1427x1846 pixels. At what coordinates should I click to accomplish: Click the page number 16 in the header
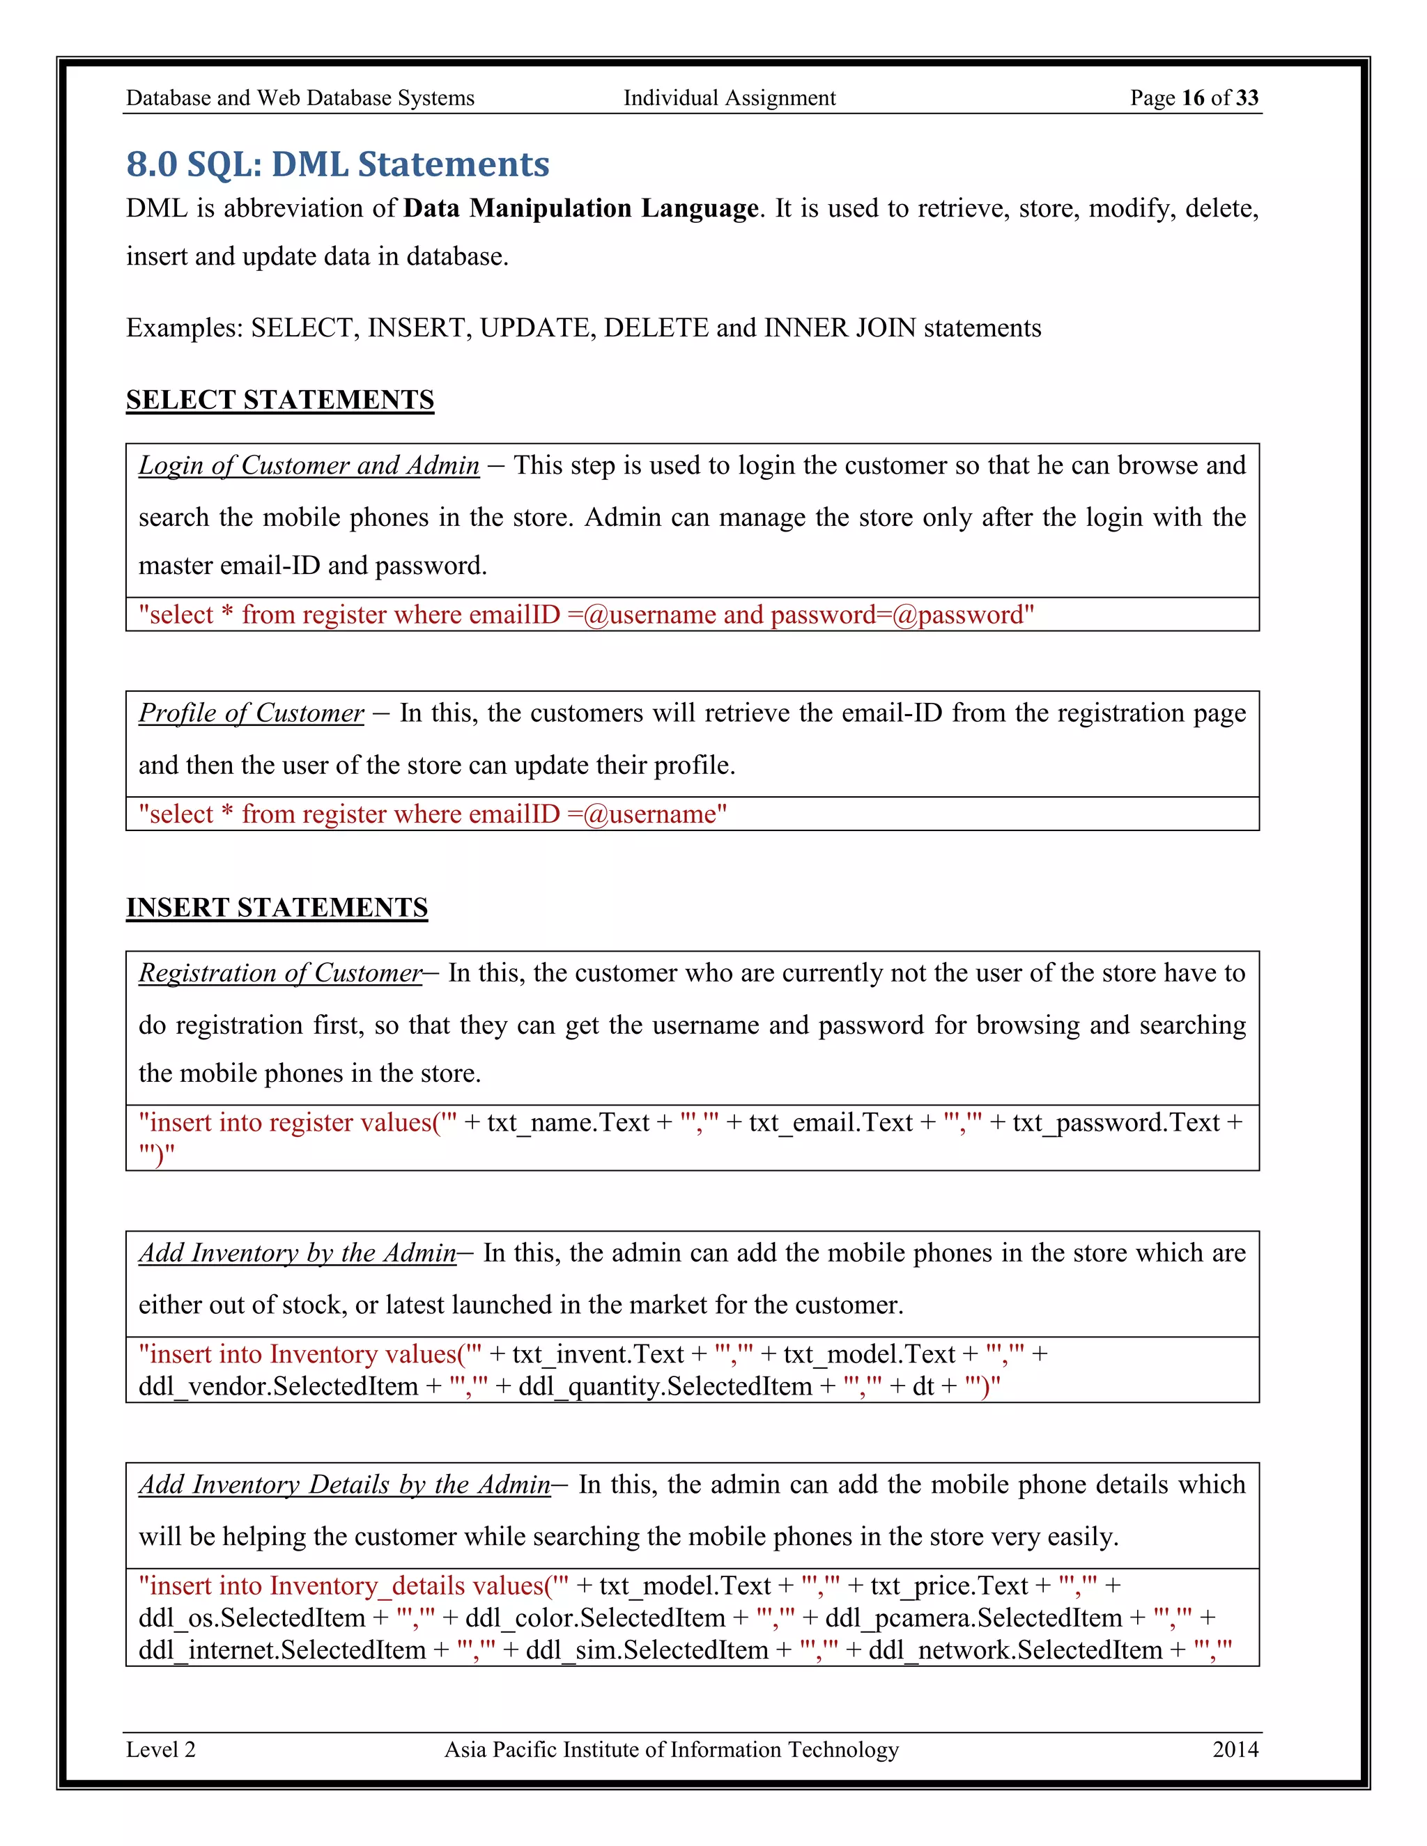pyautogui.click(x=1192, y=98)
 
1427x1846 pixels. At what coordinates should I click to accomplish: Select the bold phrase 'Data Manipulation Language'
pyautogui.click(x=581, y=209)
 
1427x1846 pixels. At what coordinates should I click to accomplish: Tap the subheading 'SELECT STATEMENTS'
pyautogui.click(x=280, y=400)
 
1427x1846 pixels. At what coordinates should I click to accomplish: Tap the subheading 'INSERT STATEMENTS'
pyautogui.click(x=277, y=908)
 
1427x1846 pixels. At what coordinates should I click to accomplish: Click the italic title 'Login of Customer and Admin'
pyautogui.click(x=309, y=466)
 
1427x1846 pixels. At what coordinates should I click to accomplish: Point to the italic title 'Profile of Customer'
pyautogui.click(x=251, y=713)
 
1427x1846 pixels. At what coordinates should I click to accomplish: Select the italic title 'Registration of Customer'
pyautogui.click(x=280, y=974)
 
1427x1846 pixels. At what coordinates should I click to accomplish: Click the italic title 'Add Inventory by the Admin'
pyautogui.click(x=298, y=1253)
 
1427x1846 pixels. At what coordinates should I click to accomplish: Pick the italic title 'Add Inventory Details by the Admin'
pyautogui.click(x=345, y=1485)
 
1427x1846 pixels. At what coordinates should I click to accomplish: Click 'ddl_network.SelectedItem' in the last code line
pyautogui.click(x=1015, y=1651)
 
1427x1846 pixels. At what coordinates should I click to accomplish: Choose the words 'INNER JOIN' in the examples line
pyautogui.click(x=840, y=328)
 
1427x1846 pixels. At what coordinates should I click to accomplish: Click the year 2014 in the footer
pyautogui.click(x=1235, y=1750)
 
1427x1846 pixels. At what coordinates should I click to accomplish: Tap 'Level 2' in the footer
pyautogui.click(x=161, y=1750)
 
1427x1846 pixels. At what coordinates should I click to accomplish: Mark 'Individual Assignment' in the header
pyautogui.click(x=729, y=98)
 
